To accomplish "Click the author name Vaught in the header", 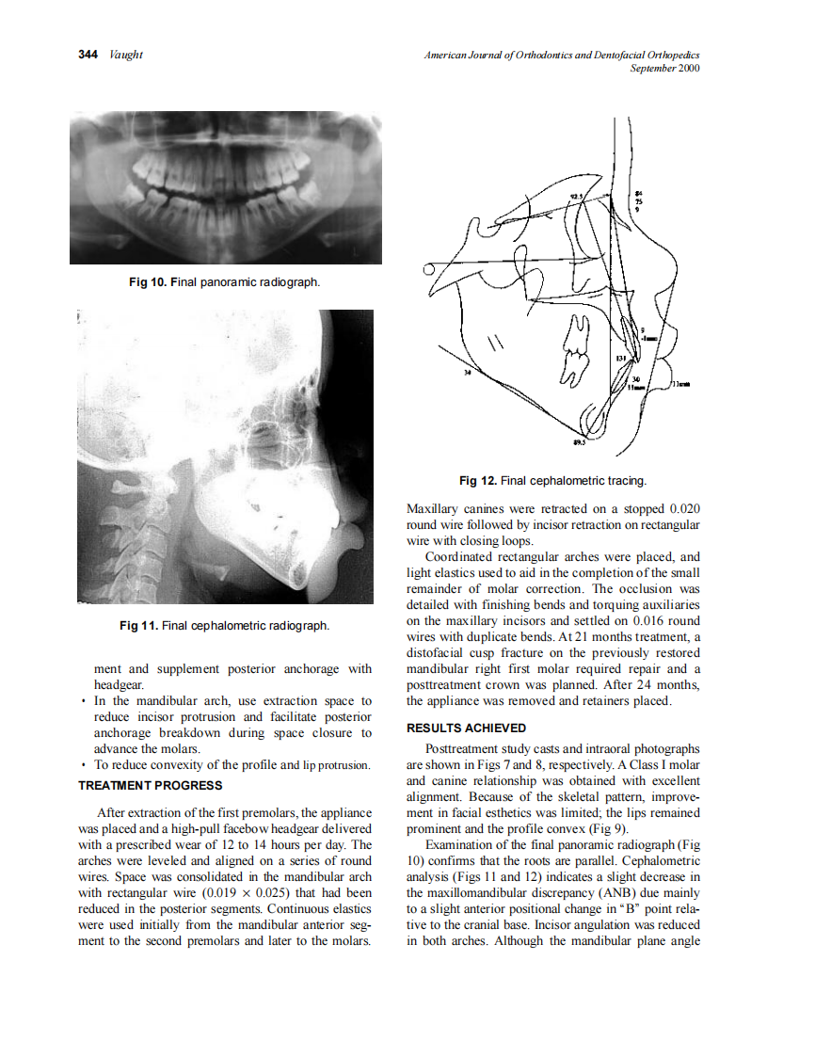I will pos(125,55).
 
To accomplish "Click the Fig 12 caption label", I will pos(478,481).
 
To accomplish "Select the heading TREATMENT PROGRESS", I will pos(151,785).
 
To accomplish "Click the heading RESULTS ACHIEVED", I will pos(466,728).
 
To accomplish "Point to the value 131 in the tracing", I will pos(620,360).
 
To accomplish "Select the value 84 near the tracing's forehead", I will pos(639,192).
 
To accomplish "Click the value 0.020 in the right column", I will pos(679,509).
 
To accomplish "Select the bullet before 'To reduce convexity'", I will pos(84,764).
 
